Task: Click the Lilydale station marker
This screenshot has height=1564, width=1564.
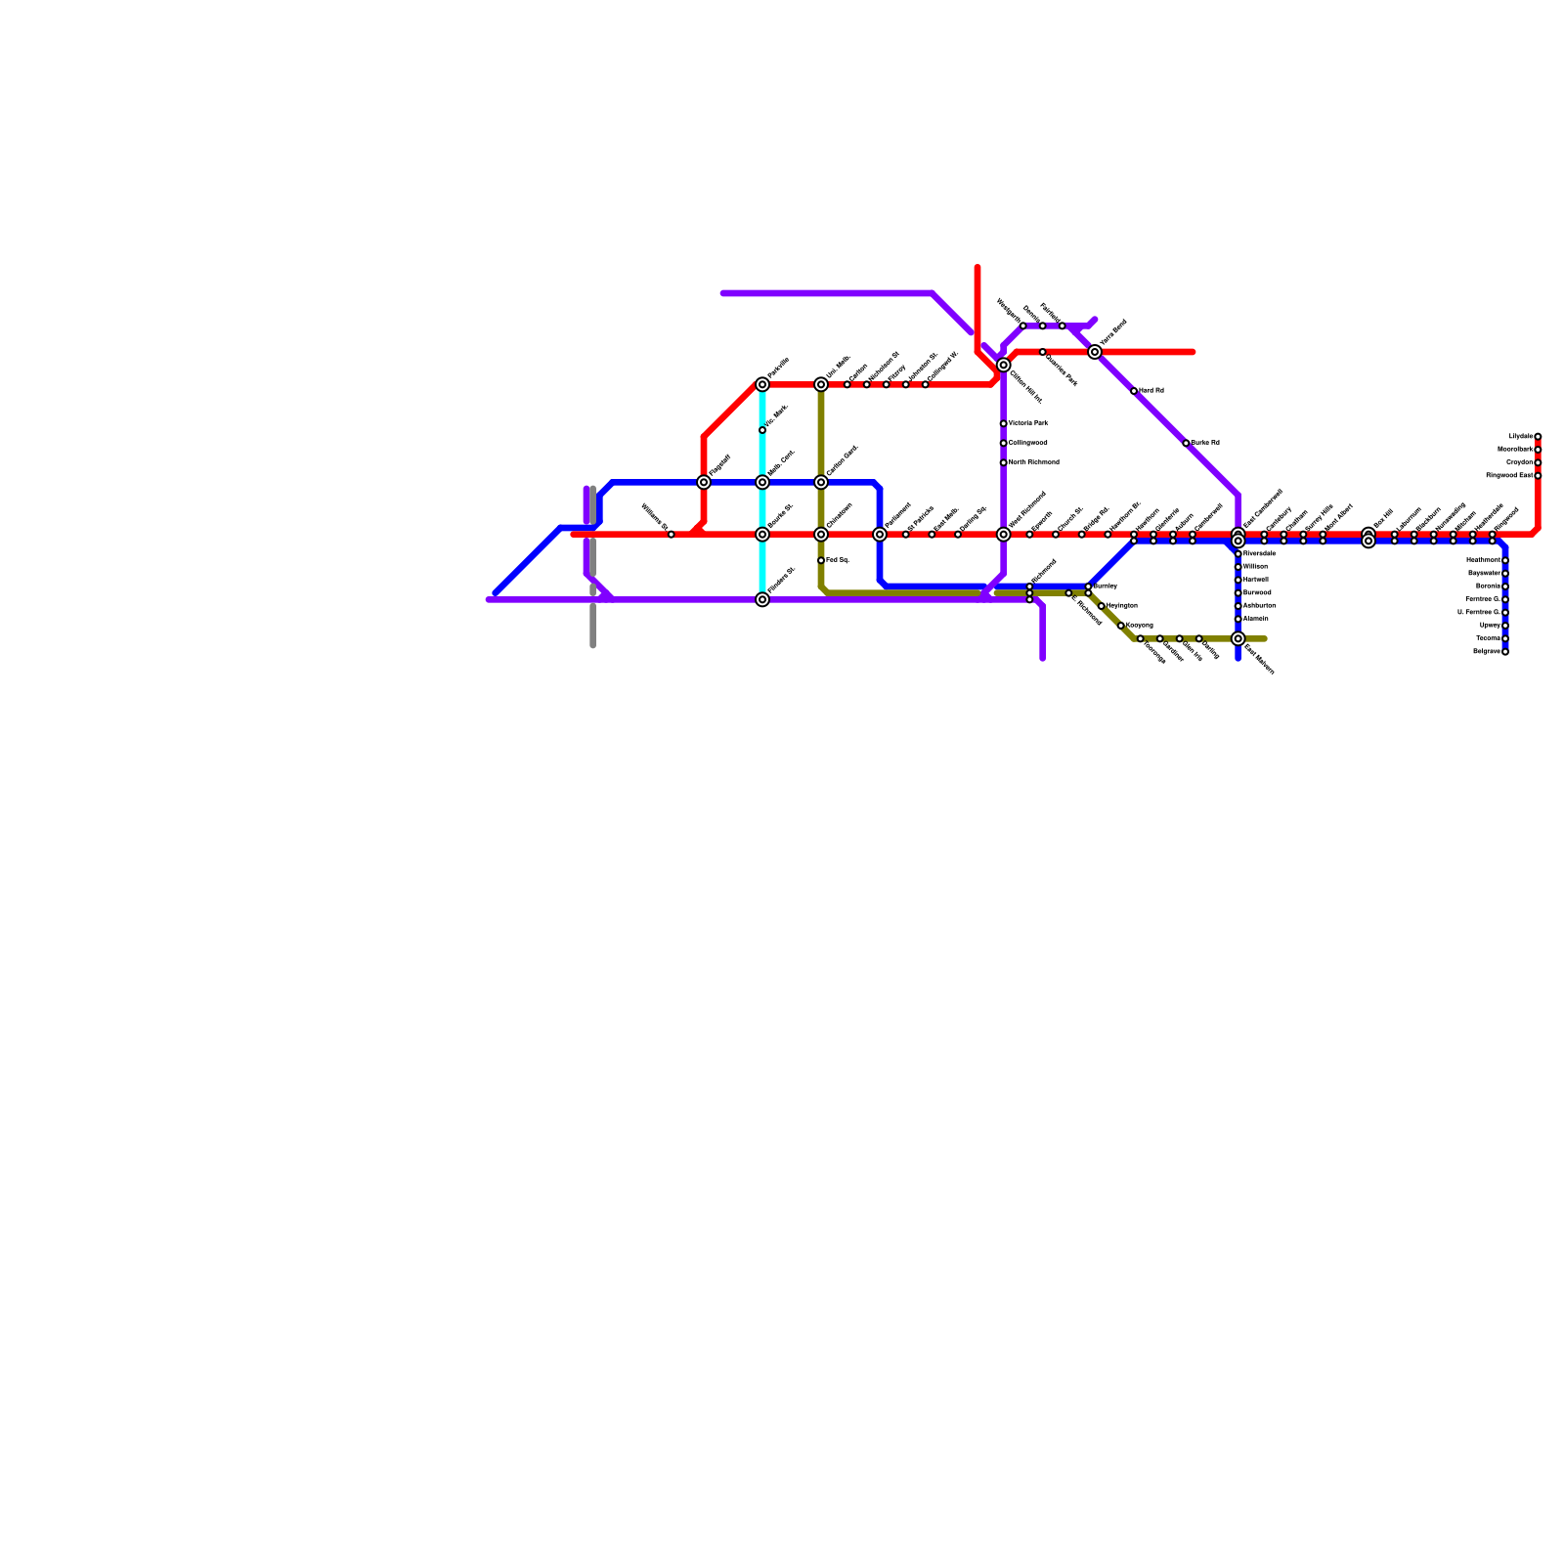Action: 1538,437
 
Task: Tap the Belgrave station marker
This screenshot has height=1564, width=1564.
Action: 1505,652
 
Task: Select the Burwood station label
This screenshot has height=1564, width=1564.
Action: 1257,593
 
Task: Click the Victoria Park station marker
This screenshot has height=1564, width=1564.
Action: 1003,423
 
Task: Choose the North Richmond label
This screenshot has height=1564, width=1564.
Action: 1033,462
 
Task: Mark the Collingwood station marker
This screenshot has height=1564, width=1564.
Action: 1003,443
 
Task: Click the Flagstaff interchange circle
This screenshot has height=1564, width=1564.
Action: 704,482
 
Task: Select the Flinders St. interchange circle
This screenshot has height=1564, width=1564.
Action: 762,599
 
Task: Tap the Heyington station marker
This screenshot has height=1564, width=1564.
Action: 1101,606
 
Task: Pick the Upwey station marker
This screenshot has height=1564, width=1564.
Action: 1505,626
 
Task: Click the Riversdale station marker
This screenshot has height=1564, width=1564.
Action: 1238,554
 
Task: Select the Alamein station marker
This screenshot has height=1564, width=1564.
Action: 1238,619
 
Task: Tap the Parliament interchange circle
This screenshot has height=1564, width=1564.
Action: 880,535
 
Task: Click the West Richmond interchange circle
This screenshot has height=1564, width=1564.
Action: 1003,535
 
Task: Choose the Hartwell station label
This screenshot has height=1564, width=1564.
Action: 1256,580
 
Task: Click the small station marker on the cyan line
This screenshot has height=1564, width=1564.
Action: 762,430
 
